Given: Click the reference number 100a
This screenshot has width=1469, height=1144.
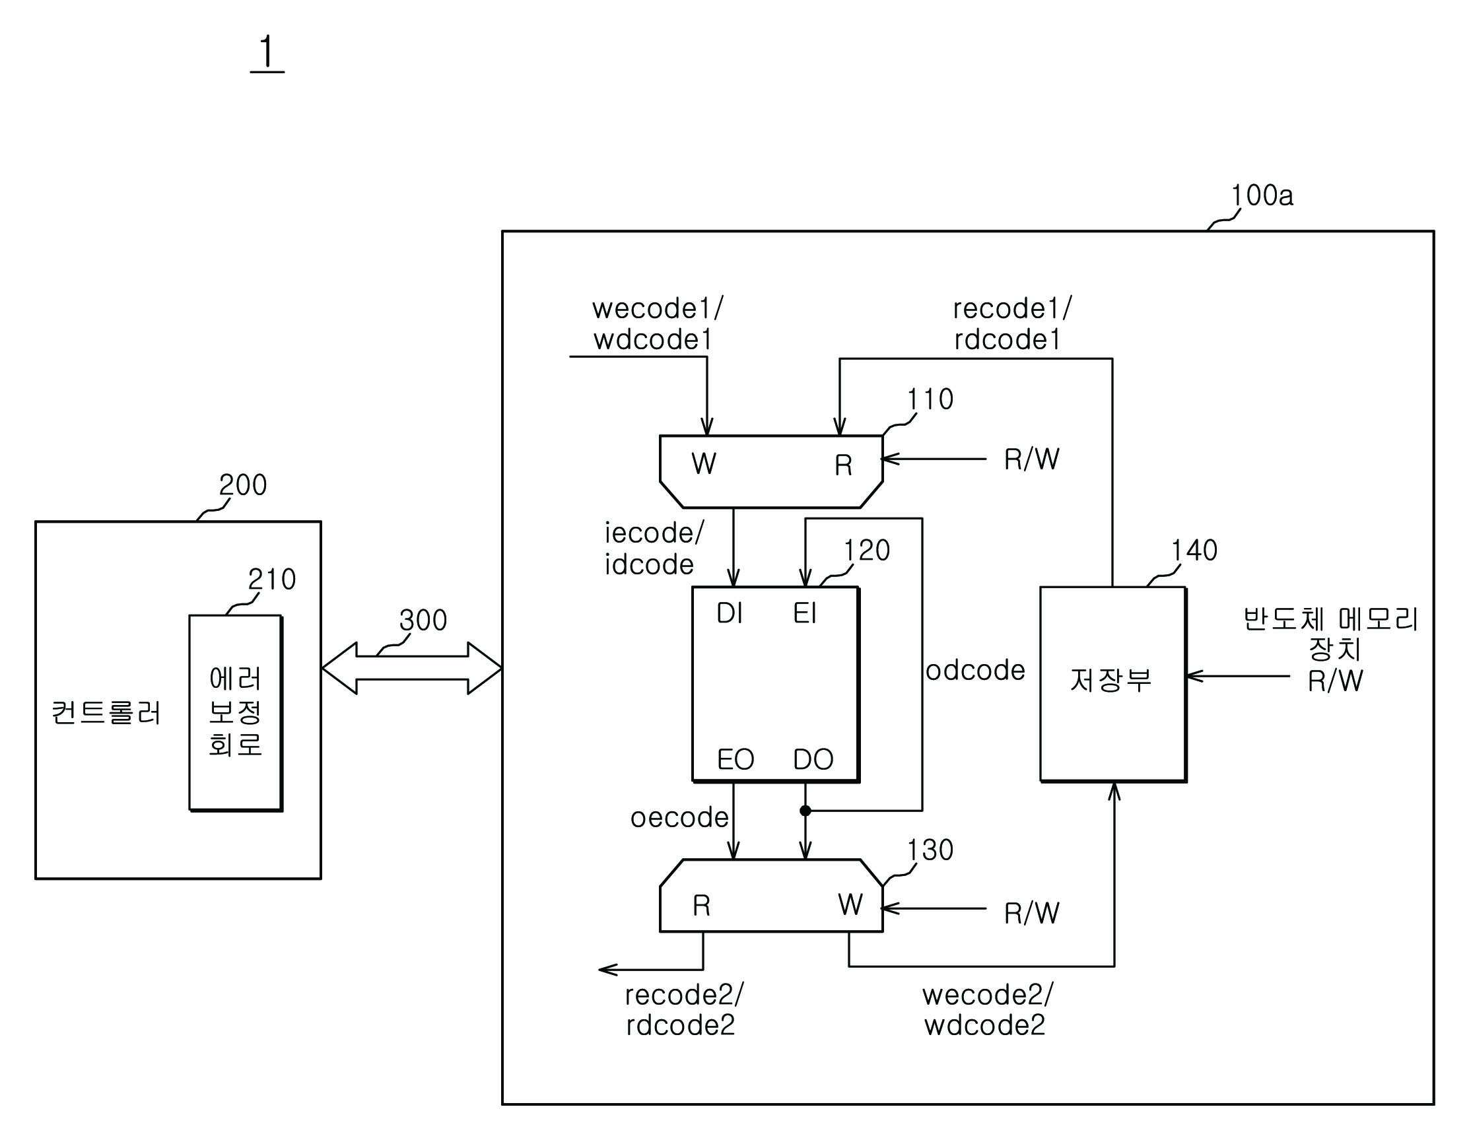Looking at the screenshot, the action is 1262,195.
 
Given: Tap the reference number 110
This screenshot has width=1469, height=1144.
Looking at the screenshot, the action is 930,399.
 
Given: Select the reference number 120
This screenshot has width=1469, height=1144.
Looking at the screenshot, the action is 867,551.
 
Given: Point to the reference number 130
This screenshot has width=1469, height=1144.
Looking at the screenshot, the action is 930,850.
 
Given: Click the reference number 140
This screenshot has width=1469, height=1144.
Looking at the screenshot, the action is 1194,551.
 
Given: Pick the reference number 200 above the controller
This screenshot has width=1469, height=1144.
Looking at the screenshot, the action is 244,485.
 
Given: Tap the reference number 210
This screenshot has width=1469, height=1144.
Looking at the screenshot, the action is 273,580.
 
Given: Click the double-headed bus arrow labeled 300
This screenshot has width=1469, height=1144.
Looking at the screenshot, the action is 411,668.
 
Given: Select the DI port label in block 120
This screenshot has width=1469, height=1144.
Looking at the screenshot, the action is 730,613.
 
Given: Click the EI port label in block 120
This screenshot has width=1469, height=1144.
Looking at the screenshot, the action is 805,613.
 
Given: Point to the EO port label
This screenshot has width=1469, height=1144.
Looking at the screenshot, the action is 736,760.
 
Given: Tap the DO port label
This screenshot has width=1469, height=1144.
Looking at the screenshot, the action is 814,760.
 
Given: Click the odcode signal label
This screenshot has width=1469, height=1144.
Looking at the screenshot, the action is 975,671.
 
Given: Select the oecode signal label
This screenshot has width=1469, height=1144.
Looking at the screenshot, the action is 679,818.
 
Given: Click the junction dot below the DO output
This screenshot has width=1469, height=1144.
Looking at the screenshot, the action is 805,811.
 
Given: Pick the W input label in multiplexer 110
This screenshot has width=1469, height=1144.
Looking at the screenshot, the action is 704,463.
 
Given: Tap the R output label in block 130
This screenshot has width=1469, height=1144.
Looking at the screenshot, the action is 702,906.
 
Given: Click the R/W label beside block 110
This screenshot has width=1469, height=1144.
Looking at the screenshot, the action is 1032,460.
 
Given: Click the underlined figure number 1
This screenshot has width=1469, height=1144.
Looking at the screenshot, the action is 267,54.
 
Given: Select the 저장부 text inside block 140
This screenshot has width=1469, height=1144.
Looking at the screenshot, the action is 1111,680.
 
